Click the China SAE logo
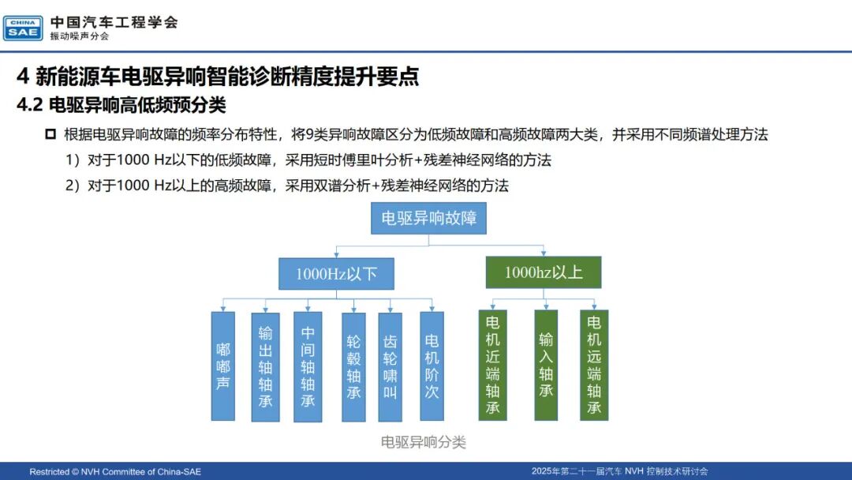(23, 28)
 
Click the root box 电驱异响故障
(428, 218)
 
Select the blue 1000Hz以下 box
(336, 273)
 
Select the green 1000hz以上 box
(544, 272)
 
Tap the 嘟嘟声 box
(222, 366)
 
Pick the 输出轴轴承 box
(265, 367)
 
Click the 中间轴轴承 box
(308, 366)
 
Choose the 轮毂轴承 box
(353, 367)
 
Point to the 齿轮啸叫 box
(390, 367)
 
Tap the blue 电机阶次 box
(432, 366)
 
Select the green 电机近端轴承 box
(493, 365)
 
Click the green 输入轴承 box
(546, 365)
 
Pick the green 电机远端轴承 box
(594, 365)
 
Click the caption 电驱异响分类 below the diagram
(424, 442)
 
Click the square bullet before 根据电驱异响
(50, 133)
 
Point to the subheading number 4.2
(29, 105)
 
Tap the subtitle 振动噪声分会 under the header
(80, 36)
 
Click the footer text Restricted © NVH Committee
(115, 472)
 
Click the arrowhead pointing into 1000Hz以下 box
(336, 254)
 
